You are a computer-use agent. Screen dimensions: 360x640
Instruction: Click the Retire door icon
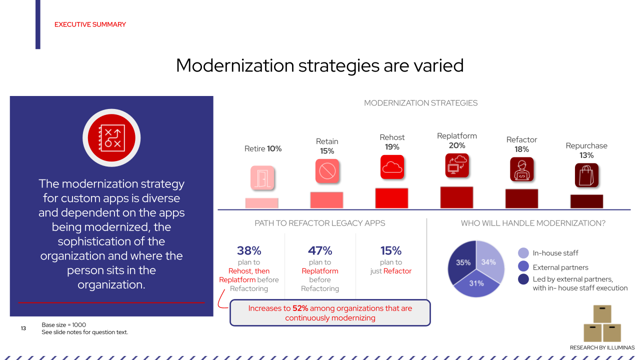(262, 178)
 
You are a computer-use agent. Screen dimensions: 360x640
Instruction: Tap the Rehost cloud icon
(392, 167)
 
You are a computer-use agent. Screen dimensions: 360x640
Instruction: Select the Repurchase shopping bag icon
(587, 175)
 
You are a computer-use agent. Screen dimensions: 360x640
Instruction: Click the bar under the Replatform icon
(456, 197)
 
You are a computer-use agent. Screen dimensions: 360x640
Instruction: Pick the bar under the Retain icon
(326, 200)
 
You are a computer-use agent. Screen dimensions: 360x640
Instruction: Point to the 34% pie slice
(488, 262)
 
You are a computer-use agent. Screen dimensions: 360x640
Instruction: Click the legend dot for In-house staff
(523, 253)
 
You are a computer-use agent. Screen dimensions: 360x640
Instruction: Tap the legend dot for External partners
(523, 266)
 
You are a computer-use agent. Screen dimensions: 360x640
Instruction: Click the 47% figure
(320, 250)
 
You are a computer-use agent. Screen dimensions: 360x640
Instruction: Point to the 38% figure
(249, 250)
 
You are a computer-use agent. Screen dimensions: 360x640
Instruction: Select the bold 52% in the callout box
(300, 308)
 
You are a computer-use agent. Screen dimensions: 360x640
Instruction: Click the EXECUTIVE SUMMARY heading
(90, 24)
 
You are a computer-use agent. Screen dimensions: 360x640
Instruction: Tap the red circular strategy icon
(111, 137)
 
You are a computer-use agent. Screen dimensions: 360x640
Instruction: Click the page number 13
(23, 328)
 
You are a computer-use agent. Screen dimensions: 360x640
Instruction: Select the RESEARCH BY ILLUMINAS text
(602, 347)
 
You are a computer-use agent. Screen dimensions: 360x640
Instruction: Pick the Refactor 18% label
(521, 144)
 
